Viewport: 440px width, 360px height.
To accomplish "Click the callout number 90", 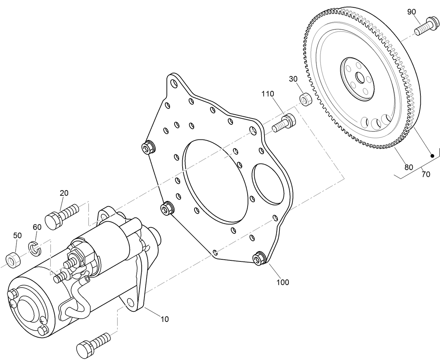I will pos(411,12).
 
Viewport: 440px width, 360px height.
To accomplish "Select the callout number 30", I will pos(293,79).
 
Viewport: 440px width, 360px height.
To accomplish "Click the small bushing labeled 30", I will pos(305,99).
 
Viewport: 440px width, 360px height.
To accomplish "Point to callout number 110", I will pos(267,94).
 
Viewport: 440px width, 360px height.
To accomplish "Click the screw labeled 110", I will pos(284,123).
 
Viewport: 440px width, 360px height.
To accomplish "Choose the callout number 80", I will pos(409,167).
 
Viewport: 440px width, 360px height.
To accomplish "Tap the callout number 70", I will pos(426,174).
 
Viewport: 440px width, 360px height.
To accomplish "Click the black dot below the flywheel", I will pos(432,156).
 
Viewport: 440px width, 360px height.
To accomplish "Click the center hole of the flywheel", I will pos(359,77).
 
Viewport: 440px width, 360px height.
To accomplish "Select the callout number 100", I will pos(283,282).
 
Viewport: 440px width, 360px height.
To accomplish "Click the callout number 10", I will pos(164,319).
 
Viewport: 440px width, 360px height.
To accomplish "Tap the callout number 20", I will pos(64,193).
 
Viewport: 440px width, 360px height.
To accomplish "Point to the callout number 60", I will pos(37,227).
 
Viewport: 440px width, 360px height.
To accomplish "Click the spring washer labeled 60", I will pos(34,248).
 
